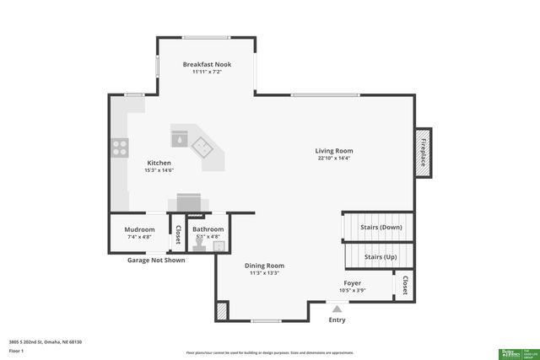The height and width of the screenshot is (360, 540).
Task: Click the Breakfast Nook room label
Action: point(207,64)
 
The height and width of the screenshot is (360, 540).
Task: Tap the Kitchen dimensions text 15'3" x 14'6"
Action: point(159,171)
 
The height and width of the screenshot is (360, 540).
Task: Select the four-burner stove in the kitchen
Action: point(119,149)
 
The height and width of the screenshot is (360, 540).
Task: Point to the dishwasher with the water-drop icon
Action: point(180,137)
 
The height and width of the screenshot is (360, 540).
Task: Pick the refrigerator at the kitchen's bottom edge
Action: point(188,203)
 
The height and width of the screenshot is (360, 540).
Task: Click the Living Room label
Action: point(334,151)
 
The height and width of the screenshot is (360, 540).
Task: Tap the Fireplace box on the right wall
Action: point(423,152)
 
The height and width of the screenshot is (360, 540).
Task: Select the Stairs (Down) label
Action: point(381,227)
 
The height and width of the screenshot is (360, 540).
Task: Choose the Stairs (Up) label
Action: point(381,256)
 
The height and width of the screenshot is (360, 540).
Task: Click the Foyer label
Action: point(352,282)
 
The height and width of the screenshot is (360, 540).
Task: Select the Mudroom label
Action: point(139,229)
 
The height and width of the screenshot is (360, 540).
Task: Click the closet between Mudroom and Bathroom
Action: point(178,234)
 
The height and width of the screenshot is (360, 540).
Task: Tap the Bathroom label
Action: point(208,229)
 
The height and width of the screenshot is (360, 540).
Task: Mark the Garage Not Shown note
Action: point(156,260)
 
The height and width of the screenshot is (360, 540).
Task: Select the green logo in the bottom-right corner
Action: point(510,352)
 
